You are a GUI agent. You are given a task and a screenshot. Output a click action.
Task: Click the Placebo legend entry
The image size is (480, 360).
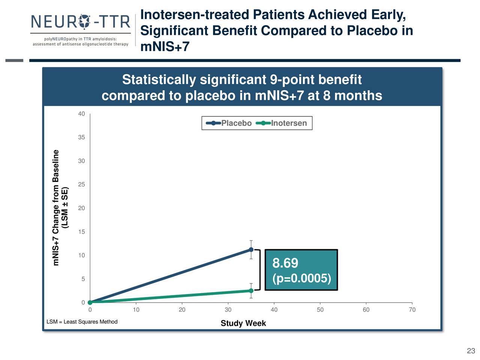pyautogui.click(x=229, y=123)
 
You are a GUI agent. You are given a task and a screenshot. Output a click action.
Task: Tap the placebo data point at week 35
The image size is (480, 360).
pyautogui.click(x=251, y=249)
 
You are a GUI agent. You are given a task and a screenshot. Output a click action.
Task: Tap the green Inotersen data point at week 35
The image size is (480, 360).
pyautogui.click(x=251, y=291)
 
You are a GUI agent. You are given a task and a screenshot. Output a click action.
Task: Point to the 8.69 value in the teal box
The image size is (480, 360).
pyautogui.click(x=285, y=263)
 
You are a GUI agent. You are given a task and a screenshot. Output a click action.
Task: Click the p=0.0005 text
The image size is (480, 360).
pyautogui.click(x=301, y=279)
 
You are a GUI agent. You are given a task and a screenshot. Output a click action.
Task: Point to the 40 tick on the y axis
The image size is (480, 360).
pyautogui.click(x=81, y=114)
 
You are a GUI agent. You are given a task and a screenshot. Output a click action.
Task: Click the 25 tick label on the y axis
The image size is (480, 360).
pyautogui.click(x=81, y=184)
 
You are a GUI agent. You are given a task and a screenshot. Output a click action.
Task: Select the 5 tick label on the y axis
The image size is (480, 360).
pyautogui.click(x=83, y=279)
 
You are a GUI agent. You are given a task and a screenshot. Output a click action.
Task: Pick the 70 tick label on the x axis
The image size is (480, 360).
pyautogui.click(x=412, y=310)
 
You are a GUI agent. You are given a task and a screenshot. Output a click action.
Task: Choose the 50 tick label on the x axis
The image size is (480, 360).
pyautogui.click(x=320, y=310)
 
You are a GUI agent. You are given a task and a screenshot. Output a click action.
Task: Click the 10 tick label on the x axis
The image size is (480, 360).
pyautogui.click(x=136, y=310)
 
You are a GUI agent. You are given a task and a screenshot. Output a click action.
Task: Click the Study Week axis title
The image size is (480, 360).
pyautogui.click(x=243, y=323)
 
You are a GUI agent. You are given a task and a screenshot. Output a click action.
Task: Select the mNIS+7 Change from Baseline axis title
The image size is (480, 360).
pyautogui.click(x=56, y=207)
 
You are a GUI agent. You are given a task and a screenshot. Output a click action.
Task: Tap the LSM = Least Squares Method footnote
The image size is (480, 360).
pyautogui.click(x=82, y=322)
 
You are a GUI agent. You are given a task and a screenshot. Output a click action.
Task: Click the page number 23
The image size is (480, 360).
pyautogui.click(x=471, y=351)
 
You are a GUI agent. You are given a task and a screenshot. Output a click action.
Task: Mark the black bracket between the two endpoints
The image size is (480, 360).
pyautogui.click(x=259, y=270)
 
